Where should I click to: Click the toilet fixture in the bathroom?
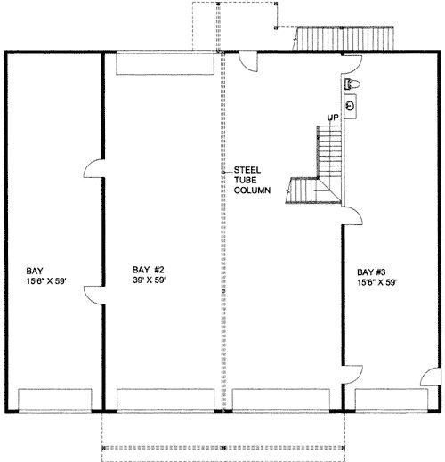(x=352, y=85)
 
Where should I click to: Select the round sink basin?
(x=351, y=106)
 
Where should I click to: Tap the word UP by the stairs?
(x=333, y=118)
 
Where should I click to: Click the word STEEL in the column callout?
(x=247, y=170)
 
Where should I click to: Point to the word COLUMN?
(x=252, y=190)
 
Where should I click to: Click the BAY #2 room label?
(x=148, y=270)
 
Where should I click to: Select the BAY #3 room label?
(x=371, y=272)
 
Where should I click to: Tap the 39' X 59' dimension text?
(x=149, y=280)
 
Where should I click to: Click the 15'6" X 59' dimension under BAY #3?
(x=376, y=282)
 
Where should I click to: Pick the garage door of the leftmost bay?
(x=55, y=401)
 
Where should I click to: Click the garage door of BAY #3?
(x=392, y=401)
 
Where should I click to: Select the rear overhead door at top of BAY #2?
(x=165, y=63)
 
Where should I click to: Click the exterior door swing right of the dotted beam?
(x=248, y=61)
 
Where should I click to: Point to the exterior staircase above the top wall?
(x=344, y=38)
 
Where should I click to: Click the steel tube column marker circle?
(x=223, y=172)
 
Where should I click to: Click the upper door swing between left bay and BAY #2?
(x=94, y=168)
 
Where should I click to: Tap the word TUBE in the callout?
(x=245, y=180)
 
